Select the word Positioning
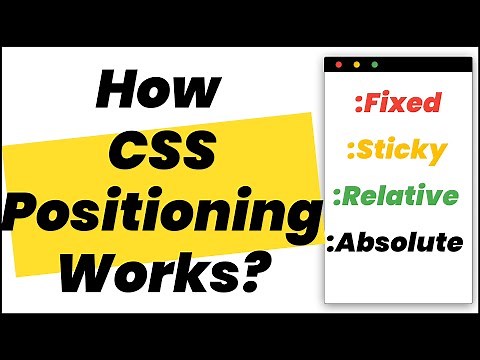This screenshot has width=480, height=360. coord(162,214)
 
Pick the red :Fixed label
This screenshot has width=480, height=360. coord(398,102)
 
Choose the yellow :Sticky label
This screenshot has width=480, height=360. coord(396,151)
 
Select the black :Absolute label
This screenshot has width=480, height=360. coord(396,241)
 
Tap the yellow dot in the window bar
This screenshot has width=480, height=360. coord(357,65)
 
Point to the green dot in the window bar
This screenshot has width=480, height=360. coord(375,65)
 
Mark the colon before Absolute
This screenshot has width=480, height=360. coord(331,242)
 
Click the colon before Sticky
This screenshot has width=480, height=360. coord(349,152)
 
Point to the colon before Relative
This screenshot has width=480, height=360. coord(338,196)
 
